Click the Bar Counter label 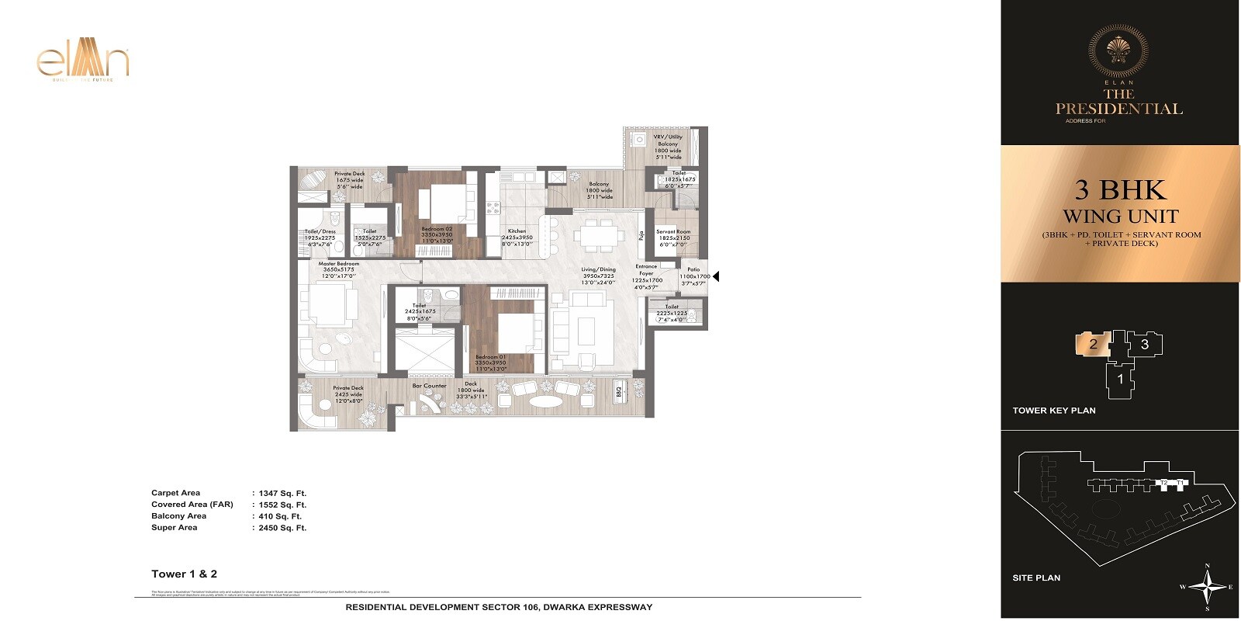click(x=429, y=386)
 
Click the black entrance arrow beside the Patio click(x=716, y=276)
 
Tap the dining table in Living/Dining click(x=600, y=234)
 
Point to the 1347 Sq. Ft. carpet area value click(x=282, y=493)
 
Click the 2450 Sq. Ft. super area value click(x=282, y=528)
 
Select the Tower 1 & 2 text click(x=184, y=574)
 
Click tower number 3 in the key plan click(x=1145, y=344)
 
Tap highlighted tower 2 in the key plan click(x=1093, y=344)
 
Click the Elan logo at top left click(x=83, y=63)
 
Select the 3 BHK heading click(x=1119, y=190)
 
